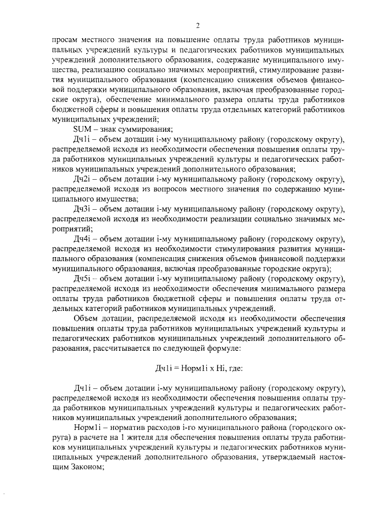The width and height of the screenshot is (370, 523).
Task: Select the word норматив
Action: (125, 427)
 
